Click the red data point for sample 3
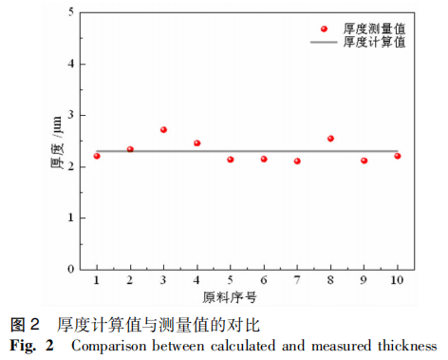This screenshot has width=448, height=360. [x=163, y=129]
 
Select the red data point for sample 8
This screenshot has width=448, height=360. [x=330, y=139]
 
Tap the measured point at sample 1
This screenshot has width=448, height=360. [x=97, y=156]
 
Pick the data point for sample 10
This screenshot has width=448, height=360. [x=398, y=156]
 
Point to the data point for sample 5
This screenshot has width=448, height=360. [x=231, y=160]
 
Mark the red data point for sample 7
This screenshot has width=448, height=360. [x=297, y=161]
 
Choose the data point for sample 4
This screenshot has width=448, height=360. [x=197, y=143]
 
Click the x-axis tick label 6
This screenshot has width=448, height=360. [x=264, y=282]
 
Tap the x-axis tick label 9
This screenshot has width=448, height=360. [x=364, y=282]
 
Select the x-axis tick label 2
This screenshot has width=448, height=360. [x=130, y=282]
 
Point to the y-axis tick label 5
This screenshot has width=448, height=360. [x=71, y=13]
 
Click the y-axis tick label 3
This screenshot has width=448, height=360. [x=71, y=115]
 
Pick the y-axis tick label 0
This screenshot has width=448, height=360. [x=71, y=269]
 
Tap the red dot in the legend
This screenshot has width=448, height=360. [x=325, y=29]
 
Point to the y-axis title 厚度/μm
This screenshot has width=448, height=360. [x=54, y=141]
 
